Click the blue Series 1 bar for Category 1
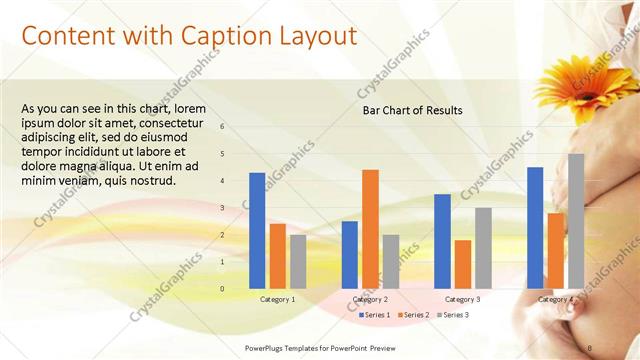click(x=257, y=230)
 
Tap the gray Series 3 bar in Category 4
click(x=576, y=220)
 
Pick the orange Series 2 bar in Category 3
click(x=463, y=263)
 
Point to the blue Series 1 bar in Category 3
click(x=442, y=240)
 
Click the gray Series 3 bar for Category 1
click(x=298, y=260)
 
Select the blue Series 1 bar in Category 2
click(x=349, y=254)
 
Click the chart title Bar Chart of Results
click(x=412, y=110)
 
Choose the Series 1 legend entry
click(x=374, y=315)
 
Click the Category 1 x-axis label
click(x=277, y=299)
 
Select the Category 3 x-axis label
click(x=462, y=299)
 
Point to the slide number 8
click(x=590, y=347)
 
